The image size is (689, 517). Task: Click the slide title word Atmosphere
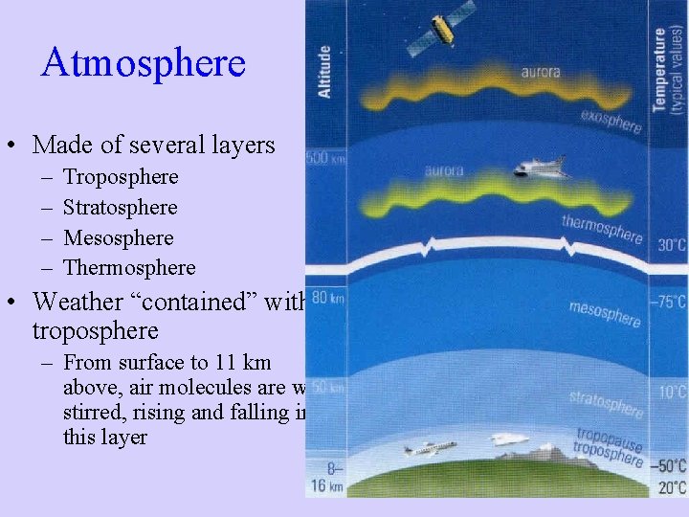144,63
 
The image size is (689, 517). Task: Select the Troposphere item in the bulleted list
121,177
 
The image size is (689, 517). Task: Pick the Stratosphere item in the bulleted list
121,208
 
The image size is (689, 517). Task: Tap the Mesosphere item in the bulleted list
119,238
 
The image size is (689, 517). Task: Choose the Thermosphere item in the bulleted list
129,268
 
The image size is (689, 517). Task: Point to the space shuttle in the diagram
540,169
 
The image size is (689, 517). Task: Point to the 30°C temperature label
671,245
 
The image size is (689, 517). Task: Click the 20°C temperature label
670,486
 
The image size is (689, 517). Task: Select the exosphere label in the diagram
611,123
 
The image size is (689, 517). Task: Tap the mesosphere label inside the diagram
604,313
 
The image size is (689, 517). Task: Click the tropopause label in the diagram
609,438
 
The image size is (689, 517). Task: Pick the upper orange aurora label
541,72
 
